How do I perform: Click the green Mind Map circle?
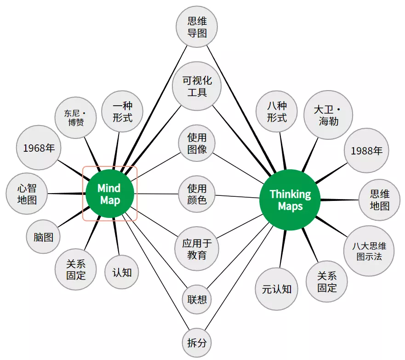point(109,194)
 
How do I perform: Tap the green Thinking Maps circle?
point(290,199)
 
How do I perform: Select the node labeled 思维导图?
point(197,27)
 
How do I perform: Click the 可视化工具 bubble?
point(197,86)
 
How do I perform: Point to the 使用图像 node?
point(197,143)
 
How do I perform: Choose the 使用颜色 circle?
point(197,194)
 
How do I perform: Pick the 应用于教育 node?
point(197,249)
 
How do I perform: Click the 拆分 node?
point(197,342)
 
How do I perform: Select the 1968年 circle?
point(39,148)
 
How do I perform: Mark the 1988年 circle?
point(366,151)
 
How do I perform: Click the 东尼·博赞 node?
point(76,117)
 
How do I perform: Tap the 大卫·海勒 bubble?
point(328,115)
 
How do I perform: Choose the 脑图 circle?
point(43,237)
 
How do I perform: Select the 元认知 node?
point(277,289)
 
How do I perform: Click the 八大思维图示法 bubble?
point(369,251)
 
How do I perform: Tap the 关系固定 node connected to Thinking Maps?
point(327,282)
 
